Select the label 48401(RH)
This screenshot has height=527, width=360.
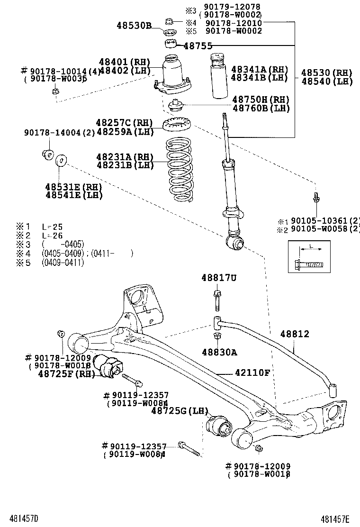(125, 62)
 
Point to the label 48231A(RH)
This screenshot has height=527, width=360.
(125, 156)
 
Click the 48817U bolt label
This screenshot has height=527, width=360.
(218, 278)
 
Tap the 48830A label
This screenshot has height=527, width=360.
(219, 352)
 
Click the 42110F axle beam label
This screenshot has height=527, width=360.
(252, 373)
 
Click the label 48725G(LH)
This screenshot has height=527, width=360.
(180, 411)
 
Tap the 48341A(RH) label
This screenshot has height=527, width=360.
(260, 69)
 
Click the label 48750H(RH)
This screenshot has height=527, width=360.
(261, 100)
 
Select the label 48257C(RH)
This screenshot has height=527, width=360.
(125, 123)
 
